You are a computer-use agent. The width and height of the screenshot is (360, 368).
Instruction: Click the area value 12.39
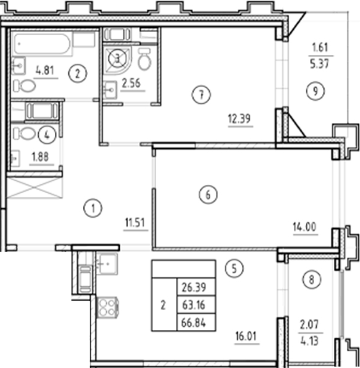pos(239,118)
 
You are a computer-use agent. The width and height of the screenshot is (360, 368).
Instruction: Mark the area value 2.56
pos(130,84)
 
